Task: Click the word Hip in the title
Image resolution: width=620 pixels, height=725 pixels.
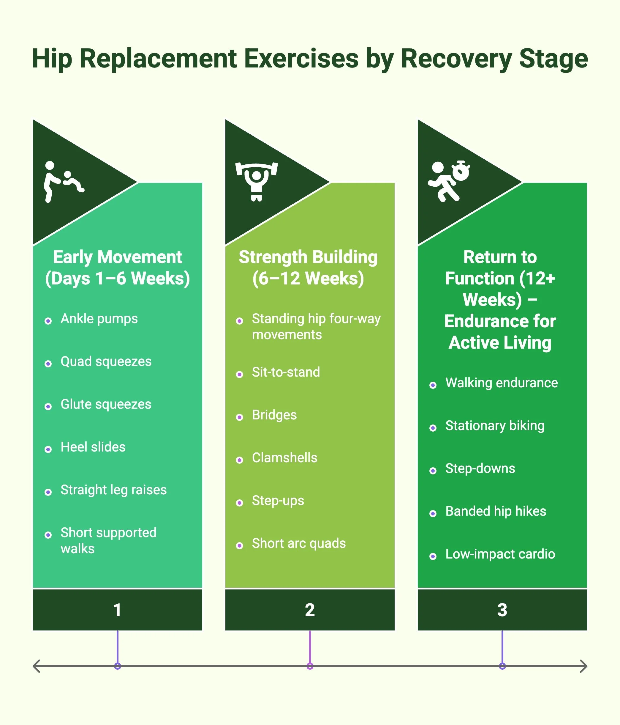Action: (x=52, y=59)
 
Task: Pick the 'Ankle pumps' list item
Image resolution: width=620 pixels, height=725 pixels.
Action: (x=99, y=319)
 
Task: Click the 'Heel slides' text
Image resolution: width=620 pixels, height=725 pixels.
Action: (x=93, y=447)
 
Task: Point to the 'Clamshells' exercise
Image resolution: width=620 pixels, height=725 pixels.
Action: (x=284, y=458)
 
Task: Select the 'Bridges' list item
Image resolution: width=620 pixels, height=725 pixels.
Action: (x=274, y=415)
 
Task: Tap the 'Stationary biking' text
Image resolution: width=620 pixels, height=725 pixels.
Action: (x=494, y=426)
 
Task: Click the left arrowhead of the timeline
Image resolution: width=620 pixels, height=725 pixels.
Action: (x=36, y=666)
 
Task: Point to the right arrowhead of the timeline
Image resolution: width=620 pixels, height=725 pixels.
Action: (x=584, y=666)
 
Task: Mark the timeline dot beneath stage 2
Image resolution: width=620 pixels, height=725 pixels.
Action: (x=310, y=666)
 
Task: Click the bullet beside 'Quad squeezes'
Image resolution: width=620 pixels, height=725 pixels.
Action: (x=48, y=364)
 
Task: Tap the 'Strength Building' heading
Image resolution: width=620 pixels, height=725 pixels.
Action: (x=308, y=257)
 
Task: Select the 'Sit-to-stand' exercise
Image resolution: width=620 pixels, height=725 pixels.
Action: (x=286, y=372)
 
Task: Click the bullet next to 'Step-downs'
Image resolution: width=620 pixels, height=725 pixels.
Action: (x=433, y=471)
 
